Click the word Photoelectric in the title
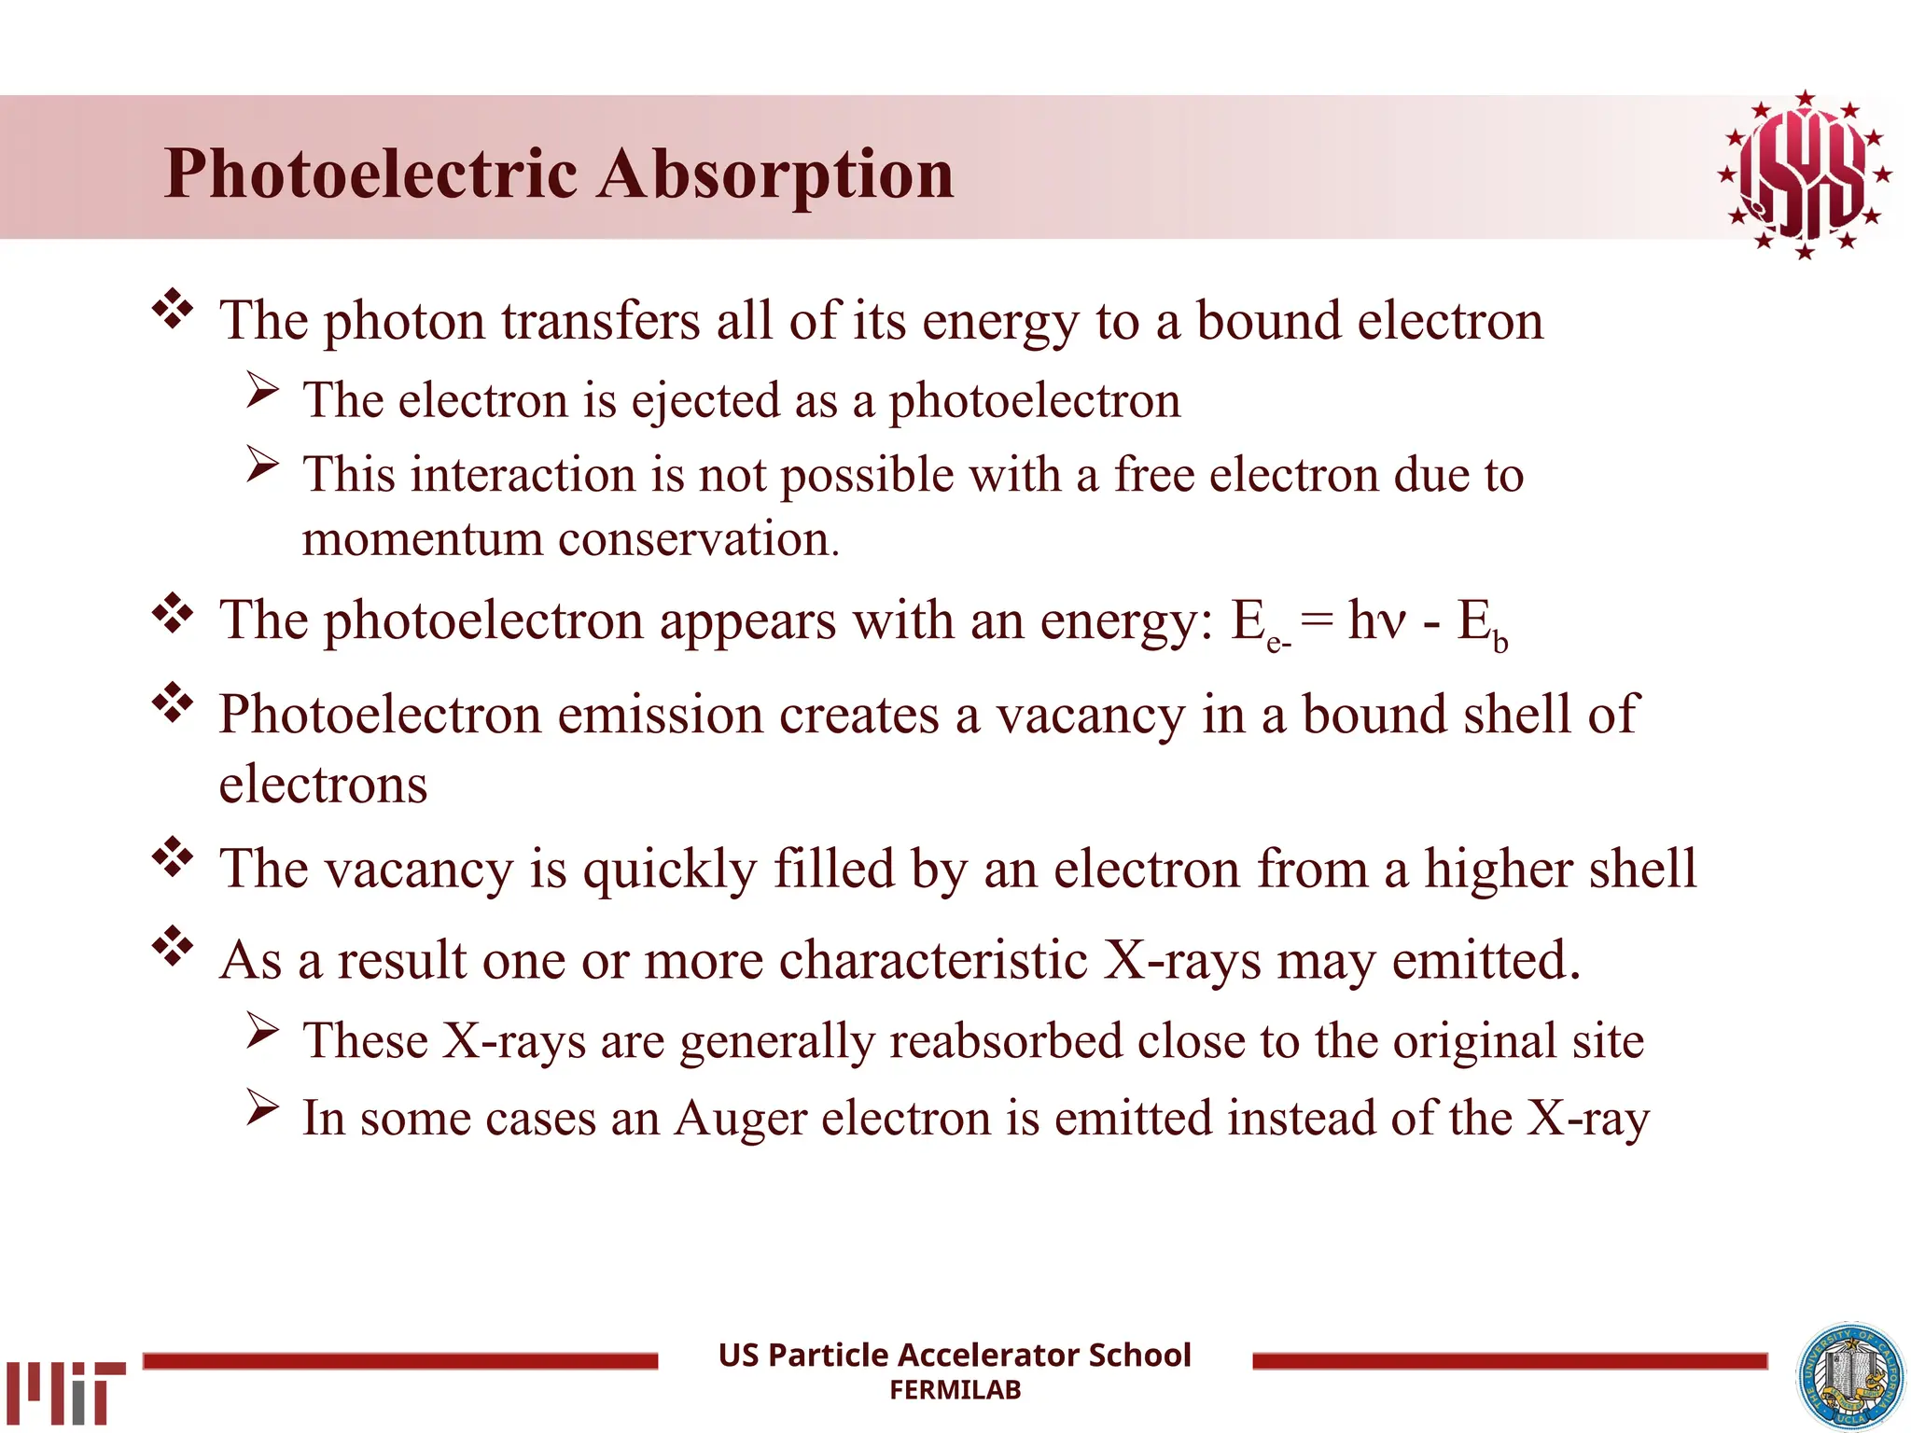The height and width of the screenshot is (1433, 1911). point(370,174)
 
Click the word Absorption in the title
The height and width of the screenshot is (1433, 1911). point(775,174)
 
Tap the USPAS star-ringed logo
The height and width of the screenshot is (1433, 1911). point(1804,175)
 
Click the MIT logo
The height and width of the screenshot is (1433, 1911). point(65,1392)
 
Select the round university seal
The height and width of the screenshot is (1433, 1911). point(1850,1377)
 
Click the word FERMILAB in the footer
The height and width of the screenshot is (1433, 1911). point(955,1390)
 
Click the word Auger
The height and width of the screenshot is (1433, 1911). point(740,1119)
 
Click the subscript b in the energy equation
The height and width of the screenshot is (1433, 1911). point(1500,642)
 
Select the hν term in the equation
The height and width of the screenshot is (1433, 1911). point(1376,619)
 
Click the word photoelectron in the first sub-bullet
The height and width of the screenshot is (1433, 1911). point(1034,401)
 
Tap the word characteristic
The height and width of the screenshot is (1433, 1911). point(933,960)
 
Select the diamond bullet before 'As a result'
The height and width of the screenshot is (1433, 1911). point(173,946)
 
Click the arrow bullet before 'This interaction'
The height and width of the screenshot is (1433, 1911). point(263,464)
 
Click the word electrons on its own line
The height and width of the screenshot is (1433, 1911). point(323,785)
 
